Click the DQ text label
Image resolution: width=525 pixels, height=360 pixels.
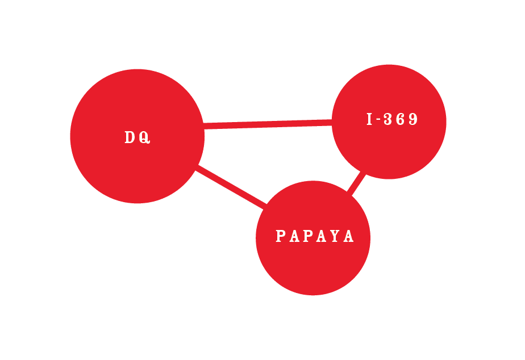[x=137, y=137]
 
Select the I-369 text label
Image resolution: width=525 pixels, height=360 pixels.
[x=392, y=119]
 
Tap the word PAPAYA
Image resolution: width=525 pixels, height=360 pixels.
[x=314, y=236]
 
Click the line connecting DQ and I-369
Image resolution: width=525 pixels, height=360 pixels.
[x=268, y=124]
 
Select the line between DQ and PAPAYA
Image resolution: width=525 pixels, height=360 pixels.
[x=231, y=187]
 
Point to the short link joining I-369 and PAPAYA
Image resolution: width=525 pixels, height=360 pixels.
[x=357, y=183]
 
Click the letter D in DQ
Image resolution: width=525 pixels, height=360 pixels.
[x=130, y=137]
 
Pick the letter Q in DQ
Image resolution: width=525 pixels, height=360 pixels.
[x=145, y=137]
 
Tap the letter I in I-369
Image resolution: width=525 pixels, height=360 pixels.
[x=369, y=119]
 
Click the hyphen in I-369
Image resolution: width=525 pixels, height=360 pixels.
[x=378, y=119]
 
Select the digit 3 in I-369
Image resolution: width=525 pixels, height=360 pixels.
[x=388, y=119]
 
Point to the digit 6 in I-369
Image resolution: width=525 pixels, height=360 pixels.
[x=401, y=119]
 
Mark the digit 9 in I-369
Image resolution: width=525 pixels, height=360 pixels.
[x=414, y=119]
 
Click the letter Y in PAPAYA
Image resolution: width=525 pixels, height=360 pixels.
[x=335, y=236]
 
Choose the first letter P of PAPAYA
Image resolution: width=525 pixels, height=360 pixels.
[x=281, y=236]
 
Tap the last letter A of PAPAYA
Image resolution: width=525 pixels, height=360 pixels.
[x=348, y=236]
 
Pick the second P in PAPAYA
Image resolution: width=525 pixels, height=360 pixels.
[x=308, y=236]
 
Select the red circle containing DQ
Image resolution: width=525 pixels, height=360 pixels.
[x=137, y=136]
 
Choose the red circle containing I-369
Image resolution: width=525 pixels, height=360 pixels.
[x=389, y=122]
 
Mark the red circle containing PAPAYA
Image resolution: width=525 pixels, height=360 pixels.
[x=313, y=238]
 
